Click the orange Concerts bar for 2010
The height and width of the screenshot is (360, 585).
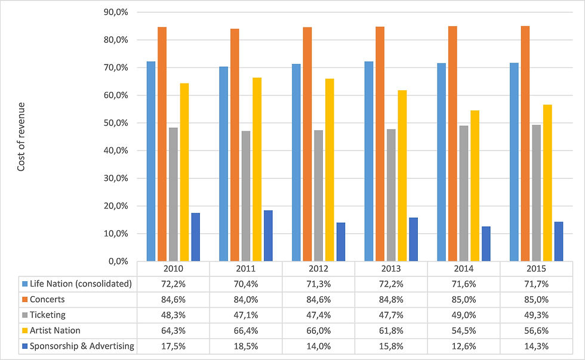click(162, 144)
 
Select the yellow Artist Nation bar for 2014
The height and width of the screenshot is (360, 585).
click(475, 186)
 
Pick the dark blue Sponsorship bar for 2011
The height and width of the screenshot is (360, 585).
click(268, 235)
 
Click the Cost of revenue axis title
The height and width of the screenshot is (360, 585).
click(21, 136)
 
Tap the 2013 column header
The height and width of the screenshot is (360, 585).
click(391, 269)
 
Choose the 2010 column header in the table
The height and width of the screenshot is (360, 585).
click(173, 269)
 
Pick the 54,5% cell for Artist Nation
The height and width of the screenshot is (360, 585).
click(463, 330)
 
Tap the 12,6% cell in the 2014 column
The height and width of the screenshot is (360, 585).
click(463, 346)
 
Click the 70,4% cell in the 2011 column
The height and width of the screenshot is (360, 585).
click(245, 284)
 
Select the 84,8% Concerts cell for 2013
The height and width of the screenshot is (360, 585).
click(391, 299)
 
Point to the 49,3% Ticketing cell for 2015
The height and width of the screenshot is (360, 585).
click(536, 315)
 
